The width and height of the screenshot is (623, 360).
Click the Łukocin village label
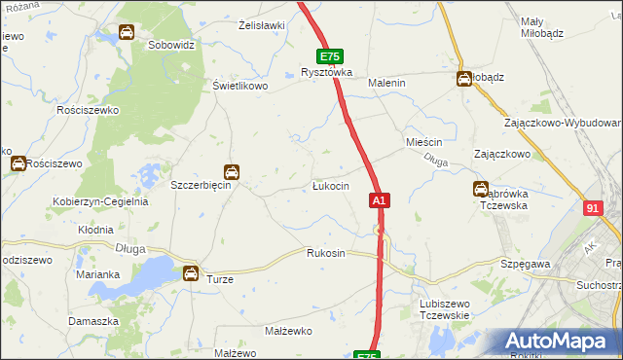pos(330,186)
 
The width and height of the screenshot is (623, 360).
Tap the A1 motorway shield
pos(380,200)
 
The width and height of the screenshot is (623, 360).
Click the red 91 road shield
pos(595,208)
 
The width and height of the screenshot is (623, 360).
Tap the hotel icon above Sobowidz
pos(127,33)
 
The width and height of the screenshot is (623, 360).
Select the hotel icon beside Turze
pos(191,273)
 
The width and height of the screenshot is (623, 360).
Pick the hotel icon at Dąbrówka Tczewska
pos(480,189)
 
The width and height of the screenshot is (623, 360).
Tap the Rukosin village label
pos(326,253)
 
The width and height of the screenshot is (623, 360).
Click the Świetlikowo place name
pos(239,85)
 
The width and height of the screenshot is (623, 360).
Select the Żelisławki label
pos(261,25)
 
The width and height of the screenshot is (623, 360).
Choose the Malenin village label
pos(385,84)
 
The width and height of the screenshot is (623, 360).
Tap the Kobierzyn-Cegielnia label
pos(99,202)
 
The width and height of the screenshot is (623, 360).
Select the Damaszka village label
pos(93,320)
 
